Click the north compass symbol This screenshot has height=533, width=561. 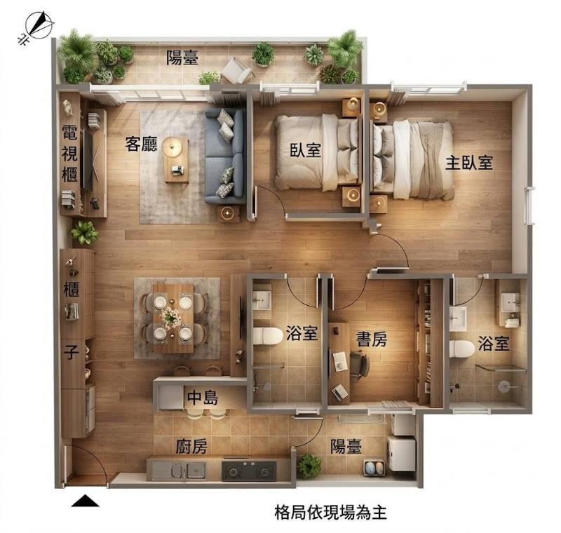(x=37, y=26)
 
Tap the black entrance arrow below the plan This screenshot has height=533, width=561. (x=85, y=501)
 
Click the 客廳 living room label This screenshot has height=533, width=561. (x=141, y=144)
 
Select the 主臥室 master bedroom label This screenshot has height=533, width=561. (x=469, y=163)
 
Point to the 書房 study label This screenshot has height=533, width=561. (x=372, y=339)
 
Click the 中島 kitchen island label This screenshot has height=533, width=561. (x=203, y=397)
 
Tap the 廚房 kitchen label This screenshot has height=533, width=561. (x=191, y=446)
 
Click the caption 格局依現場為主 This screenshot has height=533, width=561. (x=330, y=512)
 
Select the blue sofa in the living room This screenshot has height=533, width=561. (x=224, y=156)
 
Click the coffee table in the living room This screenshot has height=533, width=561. (x=176, y=159)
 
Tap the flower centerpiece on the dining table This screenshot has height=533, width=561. (x=171, y=317)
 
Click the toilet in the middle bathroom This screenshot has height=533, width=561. (x=268, y=336)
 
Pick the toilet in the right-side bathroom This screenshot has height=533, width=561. (x=462, y=349)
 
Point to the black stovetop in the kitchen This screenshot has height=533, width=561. (x=249, y=471)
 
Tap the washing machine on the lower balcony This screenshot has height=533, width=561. (x=402, y=453)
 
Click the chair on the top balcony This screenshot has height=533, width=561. (x=237, y=70)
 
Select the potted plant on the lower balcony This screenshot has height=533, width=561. (x=309, y=466)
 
